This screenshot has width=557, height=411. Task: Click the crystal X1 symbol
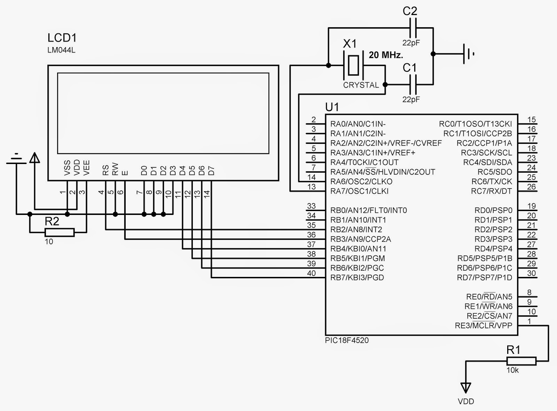point(353,65)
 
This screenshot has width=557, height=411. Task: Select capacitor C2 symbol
point(412,28)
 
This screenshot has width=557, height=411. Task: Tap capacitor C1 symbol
point(412,84)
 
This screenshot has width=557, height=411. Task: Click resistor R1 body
point(521,361)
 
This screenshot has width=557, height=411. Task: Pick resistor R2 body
point(60,232)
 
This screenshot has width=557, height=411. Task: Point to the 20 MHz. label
point(386,55)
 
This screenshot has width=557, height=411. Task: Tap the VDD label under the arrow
point(466,401)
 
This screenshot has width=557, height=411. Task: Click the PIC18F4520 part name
point(347,340)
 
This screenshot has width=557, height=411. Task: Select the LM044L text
point(61,50)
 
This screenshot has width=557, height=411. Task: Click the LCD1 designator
point(62,38)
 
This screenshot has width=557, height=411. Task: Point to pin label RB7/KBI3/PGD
point(357,278)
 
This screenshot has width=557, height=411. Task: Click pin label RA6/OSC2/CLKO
point(361,181)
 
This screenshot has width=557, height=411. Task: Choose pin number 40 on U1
point(311,273)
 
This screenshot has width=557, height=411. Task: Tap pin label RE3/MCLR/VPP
point(484,326)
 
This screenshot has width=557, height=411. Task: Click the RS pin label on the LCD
point(105,170)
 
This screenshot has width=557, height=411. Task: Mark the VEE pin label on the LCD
point(87,167)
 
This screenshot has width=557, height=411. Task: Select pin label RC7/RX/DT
point(491,191)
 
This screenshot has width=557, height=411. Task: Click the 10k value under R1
point(512,370)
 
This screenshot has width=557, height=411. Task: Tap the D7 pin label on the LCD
point(211,171)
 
